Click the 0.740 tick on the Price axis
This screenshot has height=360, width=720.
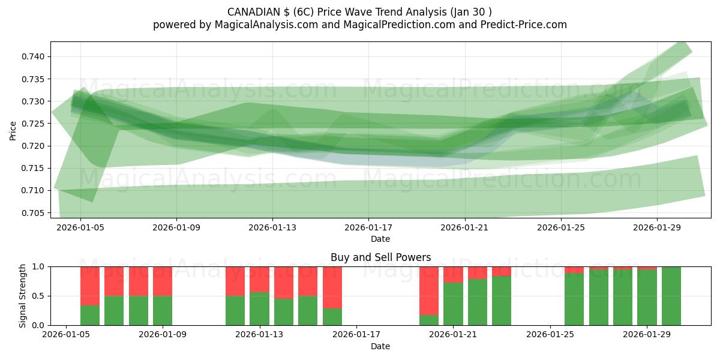coord(34,56)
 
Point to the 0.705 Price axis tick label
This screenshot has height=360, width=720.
coord(34,213)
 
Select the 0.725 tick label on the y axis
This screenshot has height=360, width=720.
coord(34,124)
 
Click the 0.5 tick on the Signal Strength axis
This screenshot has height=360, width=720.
coord(39,296)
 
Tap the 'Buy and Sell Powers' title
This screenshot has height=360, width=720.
coord(380,257)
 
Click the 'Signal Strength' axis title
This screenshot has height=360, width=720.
coord(23,296)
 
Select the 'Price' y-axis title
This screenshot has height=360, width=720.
coord(13,130)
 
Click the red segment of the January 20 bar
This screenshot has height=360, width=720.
coord(429,290)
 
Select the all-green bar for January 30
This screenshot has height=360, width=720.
coord(671,296)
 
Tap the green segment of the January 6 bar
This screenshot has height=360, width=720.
coord(90,315)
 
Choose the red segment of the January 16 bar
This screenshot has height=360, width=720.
coord(332,287)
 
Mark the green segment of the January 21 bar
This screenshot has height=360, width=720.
coord(453,304)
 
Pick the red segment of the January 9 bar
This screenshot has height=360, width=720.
coord(163,281)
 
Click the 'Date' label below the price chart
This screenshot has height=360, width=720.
coord(380,239)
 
